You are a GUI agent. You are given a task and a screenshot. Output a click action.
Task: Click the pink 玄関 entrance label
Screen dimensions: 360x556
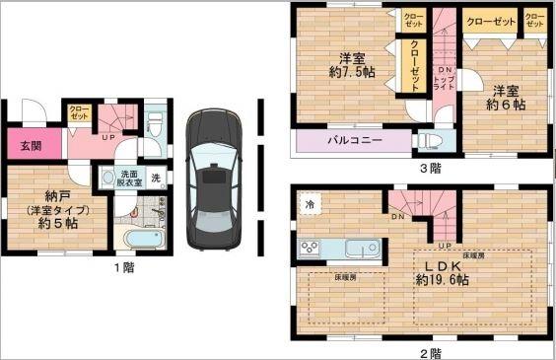31,146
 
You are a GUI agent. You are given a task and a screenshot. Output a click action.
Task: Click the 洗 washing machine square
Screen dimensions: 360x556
155,178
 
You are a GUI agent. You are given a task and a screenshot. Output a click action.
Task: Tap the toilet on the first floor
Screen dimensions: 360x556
154,125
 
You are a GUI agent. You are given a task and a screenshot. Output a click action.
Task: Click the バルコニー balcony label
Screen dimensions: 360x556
354,142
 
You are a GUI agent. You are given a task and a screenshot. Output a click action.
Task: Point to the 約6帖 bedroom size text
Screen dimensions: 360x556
504,104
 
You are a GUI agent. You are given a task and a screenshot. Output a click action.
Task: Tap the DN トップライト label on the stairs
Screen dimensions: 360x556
446,78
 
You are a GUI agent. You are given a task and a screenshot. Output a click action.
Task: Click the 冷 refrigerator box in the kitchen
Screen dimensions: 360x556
310,204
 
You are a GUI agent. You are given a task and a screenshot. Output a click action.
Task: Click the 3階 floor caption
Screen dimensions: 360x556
431,169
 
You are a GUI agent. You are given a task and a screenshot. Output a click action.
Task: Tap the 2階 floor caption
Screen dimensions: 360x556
431,351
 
